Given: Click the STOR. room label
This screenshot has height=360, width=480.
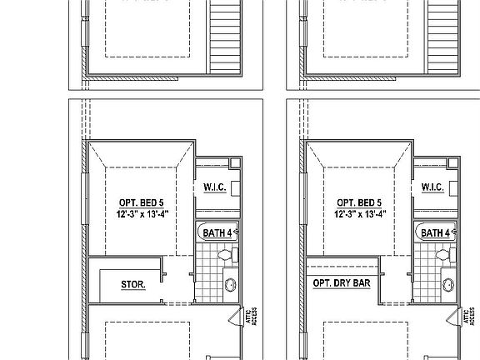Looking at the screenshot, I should [133, 284].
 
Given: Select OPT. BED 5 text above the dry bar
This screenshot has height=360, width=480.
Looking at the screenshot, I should [359, 202].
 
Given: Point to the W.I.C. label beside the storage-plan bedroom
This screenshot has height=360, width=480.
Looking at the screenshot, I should [214, 187].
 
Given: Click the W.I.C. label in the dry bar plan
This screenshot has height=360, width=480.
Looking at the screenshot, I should [432, 187].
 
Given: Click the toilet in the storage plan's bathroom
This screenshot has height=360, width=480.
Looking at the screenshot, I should [230, 258].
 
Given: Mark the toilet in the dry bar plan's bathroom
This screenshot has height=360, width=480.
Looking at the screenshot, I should [448, 258].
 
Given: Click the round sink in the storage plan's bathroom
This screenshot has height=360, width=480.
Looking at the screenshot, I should [232, 286].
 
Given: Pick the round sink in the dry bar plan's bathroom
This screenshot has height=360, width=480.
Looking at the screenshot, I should [450, 286].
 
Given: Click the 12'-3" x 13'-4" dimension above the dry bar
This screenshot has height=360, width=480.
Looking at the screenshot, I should [359, 213].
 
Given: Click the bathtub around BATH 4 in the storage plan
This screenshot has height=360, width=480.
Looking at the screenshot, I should [201, 232].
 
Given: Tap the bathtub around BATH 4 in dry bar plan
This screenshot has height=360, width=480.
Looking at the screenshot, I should [418, 232].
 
